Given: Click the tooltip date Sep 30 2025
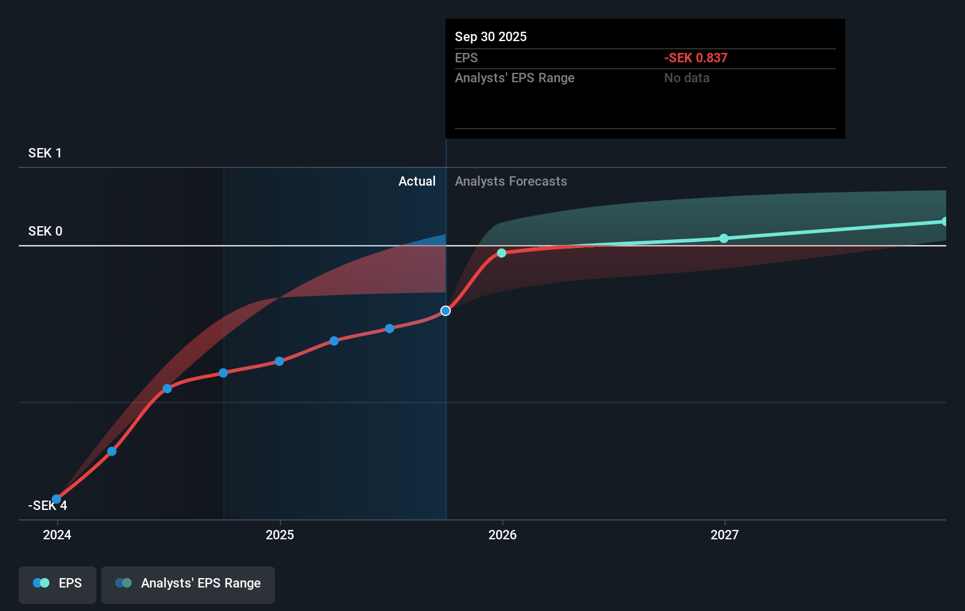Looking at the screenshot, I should pos(490,36).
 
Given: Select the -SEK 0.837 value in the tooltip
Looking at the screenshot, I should pos(695,58).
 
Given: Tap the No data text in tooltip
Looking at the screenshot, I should pos(686,78).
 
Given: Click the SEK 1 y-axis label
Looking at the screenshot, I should pos(45,153).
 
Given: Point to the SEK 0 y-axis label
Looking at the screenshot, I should pos(45,231).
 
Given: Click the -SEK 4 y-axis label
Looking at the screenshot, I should pos(47,506).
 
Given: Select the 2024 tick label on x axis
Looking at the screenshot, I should pos(57,535).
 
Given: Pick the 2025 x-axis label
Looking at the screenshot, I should pos(280,535).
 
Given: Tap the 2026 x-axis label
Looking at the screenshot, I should pos(502,535).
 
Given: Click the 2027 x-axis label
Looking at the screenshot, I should pos(724,535).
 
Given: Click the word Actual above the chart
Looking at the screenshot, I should pos(417,181).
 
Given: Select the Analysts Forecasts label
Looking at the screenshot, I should pos(511,181).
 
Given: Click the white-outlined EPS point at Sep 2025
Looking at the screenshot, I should pos(445,311).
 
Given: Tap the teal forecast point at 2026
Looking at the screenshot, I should pos(501,253).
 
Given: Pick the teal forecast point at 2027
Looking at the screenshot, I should pos(724,238).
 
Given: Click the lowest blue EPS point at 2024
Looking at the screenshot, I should pos(56,499).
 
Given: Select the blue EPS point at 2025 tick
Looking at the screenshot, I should pos(279,361).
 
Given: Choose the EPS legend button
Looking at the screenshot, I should pos(58,584).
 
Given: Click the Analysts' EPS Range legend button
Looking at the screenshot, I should pos(188,584).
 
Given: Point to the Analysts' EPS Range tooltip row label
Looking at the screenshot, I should pos(514,78).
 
